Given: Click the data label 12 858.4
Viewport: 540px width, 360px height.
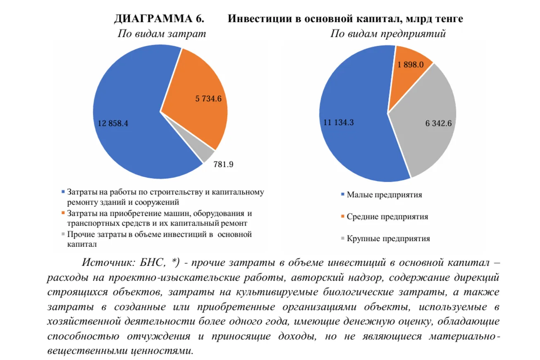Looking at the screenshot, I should pyautogui.click(x=113, y=123).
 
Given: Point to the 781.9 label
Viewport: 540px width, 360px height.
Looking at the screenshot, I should pyautogui.click(x=223, y=165).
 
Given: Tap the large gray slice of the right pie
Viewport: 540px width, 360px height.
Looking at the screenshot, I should pyautogui.click(x=426, y=136).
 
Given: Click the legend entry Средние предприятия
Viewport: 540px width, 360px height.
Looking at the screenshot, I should pyautogui.click(x=387, y=217).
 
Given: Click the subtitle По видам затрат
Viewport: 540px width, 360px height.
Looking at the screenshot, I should pyautogui.click(x=162, y=34).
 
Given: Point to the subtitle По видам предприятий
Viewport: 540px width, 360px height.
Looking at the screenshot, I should pyautogui.click(x=388, y=34).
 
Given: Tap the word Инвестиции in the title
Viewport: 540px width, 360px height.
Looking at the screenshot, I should pyautogui.click(x=259, y=19).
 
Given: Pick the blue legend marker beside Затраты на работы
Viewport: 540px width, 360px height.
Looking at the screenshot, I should pyautogui.click(x=63, y=192).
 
